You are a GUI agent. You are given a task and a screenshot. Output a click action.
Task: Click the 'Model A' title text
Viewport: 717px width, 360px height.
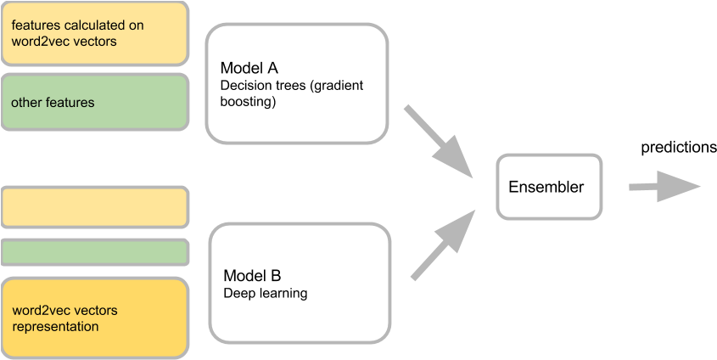click(x=249, y=69)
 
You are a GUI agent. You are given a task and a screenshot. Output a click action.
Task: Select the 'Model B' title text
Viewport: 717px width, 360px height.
click(x=252, y=277)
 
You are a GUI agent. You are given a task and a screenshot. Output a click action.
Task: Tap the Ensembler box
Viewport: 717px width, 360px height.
click(x=549, y=186)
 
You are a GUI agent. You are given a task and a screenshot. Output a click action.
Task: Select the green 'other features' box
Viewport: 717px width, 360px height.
click(x=95, y=103)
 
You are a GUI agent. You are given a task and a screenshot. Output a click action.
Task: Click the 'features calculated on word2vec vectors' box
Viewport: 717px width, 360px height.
click(x=95, y=33)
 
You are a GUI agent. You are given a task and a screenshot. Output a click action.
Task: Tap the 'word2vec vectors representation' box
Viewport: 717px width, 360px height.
click(x=95, y=318)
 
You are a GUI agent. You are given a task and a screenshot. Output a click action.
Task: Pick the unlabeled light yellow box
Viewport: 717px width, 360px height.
click(x=95, y=208)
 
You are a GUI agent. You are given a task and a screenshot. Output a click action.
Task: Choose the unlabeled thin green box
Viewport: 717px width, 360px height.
click(x=95, y=252)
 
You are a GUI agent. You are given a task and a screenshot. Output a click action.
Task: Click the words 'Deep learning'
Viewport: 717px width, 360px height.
click(x=265, y=294)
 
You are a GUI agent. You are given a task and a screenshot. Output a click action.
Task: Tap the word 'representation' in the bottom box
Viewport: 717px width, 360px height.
click(x=55, y=326)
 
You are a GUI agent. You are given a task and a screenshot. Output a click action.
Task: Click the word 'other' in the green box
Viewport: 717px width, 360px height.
click(x=26, y=103)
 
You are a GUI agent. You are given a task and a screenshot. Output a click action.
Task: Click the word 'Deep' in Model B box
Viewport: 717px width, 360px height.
click(x=238, y=294)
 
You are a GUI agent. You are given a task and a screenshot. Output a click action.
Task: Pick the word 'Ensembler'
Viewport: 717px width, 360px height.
click(x=546, y=187)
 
